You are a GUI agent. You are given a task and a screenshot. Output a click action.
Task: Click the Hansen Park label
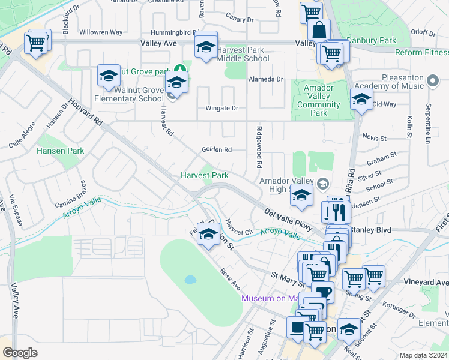[x=61, y=151]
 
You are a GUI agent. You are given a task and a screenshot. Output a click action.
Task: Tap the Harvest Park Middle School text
[x=243, y=54]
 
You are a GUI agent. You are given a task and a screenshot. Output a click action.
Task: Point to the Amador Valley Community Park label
[x=319, y=100]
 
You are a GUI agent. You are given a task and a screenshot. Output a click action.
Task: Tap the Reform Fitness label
[x=421, y=53]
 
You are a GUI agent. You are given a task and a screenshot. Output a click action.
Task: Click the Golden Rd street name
[x=216, y=149]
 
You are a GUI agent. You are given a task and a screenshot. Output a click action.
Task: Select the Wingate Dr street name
[x=221, y=109]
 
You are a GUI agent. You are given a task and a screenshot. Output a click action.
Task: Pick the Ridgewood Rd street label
[x=259, y=147]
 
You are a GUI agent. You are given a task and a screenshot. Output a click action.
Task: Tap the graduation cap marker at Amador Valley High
[x=302, y=195]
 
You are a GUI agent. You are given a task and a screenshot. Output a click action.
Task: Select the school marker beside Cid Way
[x=361, y=100]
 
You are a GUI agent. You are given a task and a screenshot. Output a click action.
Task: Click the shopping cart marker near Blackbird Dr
[x=36, y=43]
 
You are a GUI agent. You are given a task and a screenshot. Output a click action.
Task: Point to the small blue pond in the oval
[x=190, y=280]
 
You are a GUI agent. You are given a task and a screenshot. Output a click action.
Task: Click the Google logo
[x=20, y=353]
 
